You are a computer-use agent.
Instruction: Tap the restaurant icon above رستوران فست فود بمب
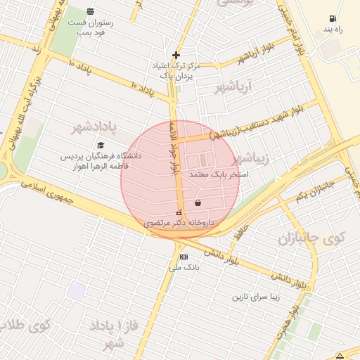pyautogui.click(x=90, y=11)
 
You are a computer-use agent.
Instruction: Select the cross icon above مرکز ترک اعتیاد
pyautogui.click(x=176, y=55)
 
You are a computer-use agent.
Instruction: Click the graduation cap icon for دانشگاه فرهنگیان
pyautogui.click(x=101, y=145)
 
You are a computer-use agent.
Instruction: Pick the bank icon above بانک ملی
pyautogui.click(x=184, y=257)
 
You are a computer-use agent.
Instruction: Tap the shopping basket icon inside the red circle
pyautogui.click(x=198, y=202)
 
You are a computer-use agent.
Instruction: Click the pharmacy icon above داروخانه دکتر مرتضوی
pyautogui.click(x=179, y=213)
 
